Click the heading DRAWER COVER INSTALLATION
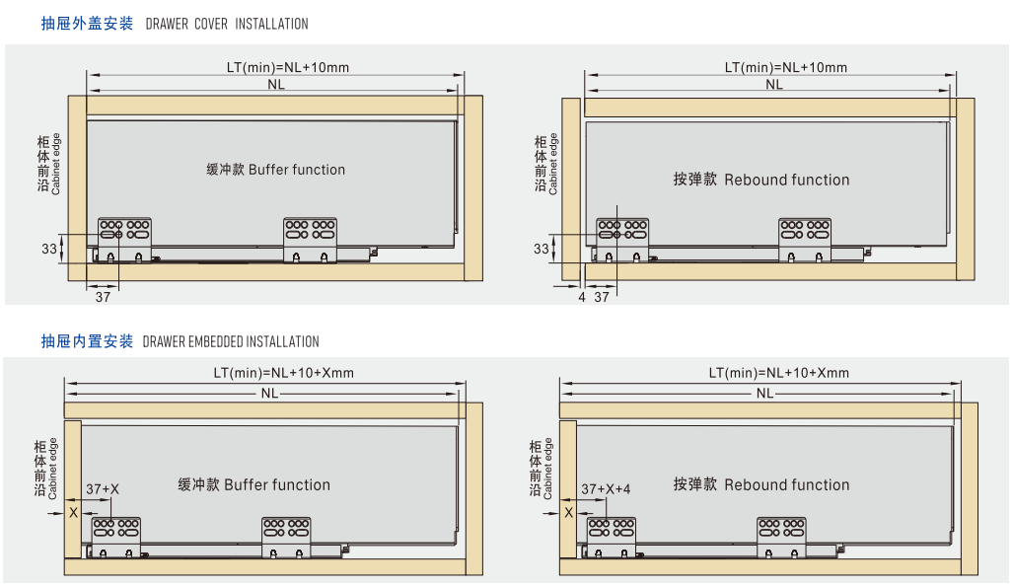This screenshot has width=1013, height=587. pyautogui.click(x=227, y=24)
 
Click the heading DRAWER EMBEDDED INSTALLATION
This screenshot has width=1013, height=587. pyautogui.click(x=231, y=342)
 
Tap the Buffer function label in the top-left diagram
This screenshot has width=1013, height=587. pyautogui.click(x=276, y=170)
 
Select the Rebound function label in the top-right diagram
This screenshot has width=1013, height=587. pyautogui.click(x=760, y=180)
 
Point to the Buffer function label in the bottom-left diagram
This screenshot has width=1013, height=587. pyautogui.click(x=253, y=484)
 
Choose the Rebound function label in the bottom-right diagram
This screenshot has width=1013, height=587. pyautogui.click(x=760, y=484)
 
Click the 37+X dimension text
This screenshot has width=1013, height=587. pyautogui.click(x=103, y=489)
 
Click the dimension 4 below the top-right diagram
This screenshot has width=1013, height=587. pyautogui.click(x=582, y=297)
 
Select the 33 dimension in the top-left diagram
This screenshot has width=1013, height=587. pyautogui.click(x=49, y=249)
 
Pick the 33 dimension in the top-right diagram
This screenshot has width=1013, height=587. pyautogui.click(x=542, y=249)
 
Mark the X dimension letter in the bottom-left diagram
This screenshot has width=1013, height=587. pyautogui.click(x=73, y=511)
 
